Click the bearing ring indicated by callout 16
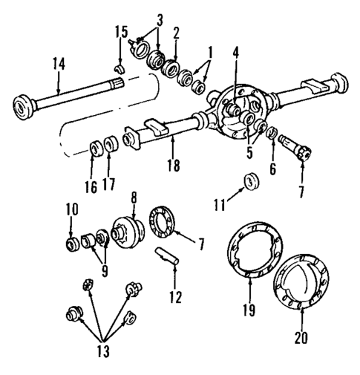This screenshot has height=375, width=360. point(94,146)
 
